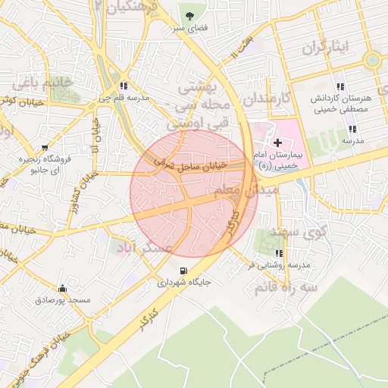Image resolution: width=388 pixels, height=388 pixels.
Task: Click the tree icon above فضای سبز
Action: pos(189,14)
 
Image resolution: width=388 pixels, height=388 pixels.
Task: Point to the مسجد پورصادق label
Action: pos(62,301)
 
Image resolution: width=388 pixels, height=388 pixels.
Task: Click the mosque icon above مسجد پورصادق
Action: pos(62,288)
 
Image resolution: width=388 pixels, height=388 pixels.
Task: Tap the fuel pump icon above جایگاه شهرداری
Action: pos(183,271)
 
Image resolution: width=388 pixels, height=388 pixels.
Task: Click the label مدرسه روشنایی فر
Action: pos(280,265)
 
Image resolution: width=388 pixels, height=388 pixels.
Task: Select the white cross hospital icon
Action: pos(278,142)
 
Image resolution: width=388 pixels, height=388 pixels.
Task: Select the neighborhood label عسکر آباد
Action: pos(144,248)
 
